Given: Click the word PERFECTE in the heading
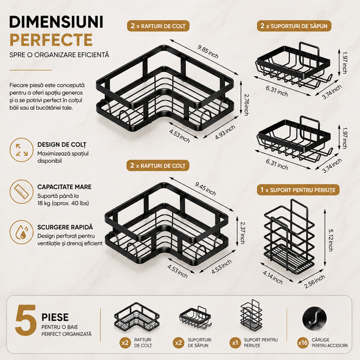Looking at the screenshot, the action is coord(51,40).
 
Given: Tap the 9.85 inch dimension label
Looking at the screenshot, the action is coord(208,52).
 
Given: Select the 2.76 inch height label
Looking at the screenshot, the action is coord(246,104).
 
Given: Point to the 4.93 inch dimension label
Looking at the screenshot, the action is coord(225,132).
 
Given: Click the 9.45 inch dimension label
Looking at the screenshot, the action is coord(205,189).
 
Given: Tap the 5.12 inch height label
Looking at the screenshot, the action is coord(331,240).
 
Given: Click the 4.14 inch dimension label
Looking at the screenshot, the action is coord(272,277).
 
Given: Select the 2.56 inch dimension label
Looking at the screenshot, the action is coord(314,281).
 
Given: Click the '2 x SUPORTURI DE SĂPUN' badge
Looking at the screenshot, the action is coord(294,26).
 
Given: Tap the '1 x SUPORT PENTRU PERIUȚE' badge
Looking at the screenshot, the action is coord(298,190).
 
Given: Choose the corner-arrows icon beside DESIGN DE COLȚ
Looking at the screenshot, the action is coord(22,149).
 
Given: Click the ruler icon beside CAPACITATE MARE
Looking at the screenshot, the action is coord(22,191).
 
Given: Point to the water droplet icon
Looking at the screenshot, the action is coord(22,232).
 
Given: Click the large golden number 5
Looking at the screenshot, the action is coord(26,320).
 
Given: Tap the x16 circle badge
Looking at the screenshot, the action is coord(303,343).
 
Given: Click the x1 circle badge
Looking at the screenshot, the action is coord(235,343).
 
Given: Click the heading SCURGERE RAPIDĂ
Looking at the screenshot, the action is coord(65,227).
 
